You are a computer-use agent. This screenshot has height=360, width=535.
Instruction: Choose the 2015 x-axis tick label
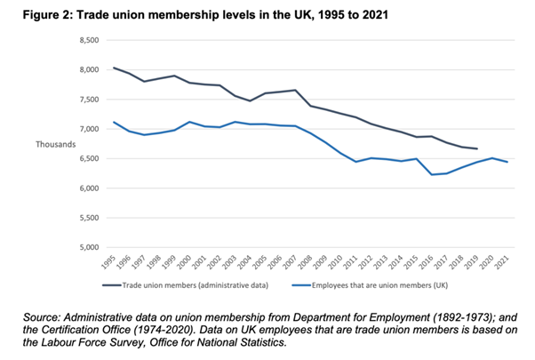coord(413,264)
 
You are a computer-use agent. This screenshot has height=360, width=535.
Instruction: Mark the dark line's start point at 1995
coord(113,68)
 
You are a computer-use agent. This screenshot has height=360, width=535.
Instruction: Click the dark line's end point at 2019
coord(477,148)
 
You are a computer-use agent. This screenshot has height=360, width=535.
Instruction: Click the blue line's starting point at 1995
coord(113,122)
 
